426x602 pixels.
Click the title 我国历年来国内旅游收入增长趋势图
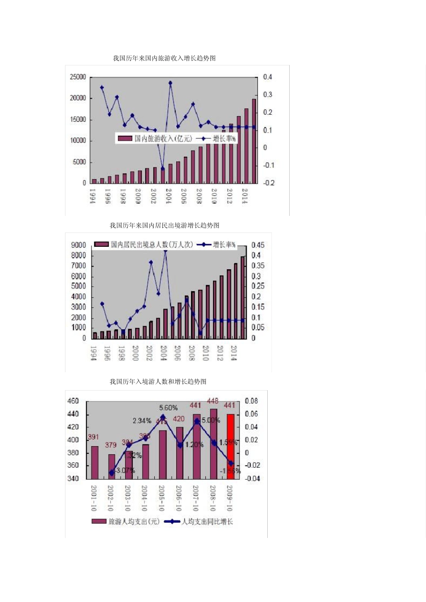pos(164,58)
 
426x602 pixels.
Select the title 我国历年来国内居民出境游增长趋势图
pos(164,225)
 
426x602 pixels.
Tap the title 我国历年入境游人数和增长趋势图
pos(158,382)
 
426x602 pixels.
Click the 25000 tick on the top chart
pos(78,77)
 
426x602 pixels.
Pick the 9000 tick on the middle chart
pos(78,245)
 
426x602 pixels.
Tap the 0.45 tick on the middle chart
pos(258,245)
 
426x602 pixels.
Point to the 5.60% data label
pos(168,408)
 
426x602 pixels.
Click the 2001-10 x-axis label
pos(94,498)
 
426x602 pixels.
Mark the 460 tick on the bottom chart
pos(73,401)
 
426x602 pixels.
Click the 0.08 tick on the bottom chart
pos(251,401)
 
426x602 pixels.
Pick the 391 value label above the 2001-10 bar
pos(93,437)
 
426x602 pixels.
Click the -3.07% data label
pos(125,470)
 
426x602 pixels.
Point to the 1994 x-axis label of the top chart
pos(93,196)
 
